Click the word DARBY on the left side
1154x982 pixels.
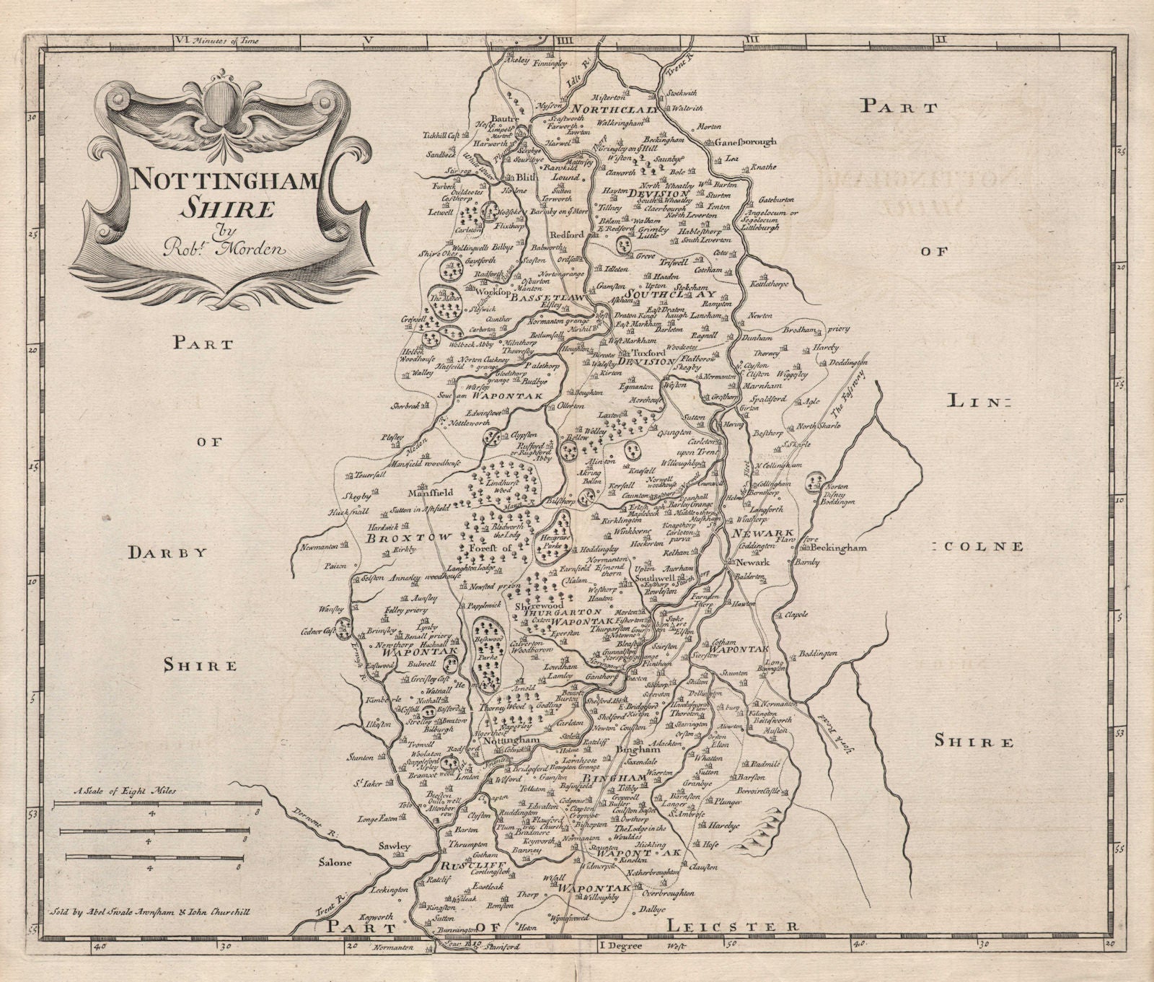tap(157, 553)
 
